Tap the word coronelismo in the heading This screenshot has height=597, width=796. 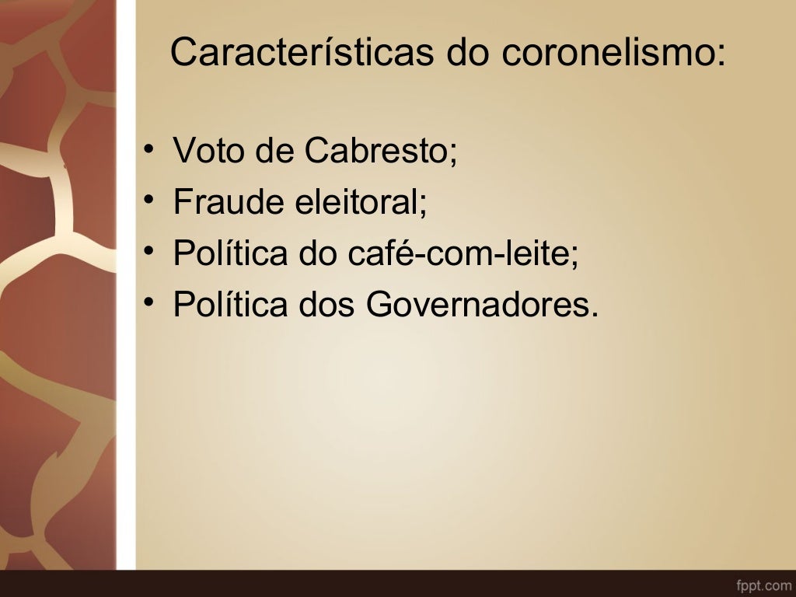coord(606,52)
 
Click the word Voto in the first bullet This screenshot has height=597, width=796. coord(208,150)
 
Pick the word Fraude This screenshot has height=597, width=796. coord(229,202)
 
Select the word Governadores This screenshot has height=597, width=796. coord(482,305)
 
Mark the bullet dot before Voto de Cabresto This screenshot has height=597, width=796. coord(148,148)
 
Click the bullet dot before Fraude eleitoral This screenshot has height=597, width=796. coord(148,200)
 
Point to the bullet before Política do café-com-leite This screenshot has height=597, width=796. coord(148,251)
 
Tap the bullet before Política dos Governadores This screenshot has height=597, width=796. coord(148,302)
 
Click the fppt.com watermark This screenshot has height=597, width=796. coord(763,583)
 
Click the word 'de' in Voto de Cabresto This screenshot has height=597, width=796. coord(271,150)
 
